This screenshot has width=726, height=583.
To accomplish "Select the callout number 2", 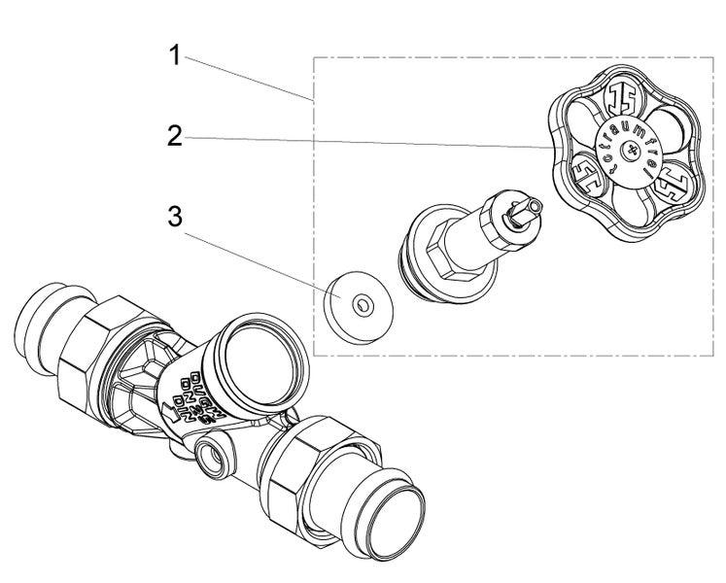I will [x=175, y=136].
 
